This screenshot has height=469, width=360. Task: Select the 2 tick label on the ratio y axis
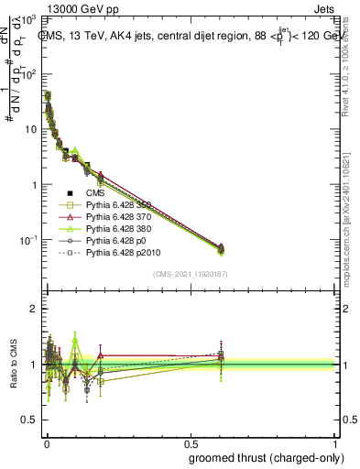pyautogui.click(x=32, y=309)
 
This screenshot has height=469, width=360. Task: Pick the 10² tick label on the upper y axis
pyautogui.click(x=28, y=74)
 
